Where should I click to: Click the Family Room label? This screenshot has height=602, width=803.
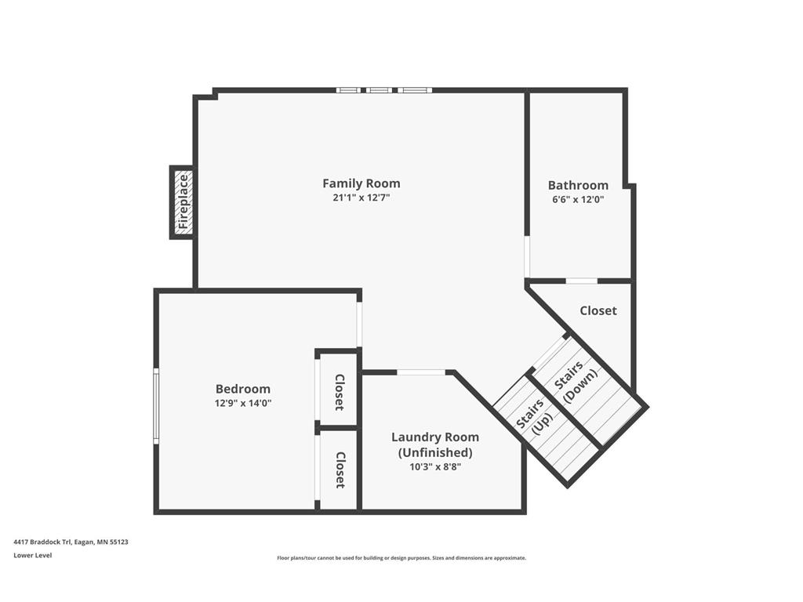pos(361,183)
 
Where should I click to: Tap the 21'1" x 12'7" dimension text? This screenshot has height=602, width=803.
pos(361,198)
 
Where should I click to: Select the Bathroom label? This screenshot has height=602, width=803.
pos(578,185)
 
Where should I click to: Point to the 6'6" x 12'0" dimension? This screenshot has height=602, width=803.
pos(578,200)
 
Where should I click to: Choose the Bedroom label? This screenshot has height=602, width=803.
pos(243,389)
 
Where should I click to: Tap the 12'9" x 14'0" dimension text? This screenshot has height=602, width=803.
pos(243,403)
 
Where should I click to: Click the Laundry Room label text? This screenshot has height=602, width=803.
pos(435,437)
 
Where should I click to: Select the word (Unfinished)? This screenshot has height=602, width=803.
pos(435,452)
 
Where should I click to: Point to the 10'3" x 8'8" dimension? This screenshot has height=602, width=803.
pos(435,467)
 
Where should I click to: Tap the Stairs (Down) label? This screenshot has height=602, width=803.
pos(576,382)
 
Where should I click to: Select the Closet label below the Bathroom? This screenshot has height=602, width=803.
pos(598,310)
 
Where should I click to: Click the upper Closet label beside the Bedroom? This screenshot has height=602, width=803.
pos(339,392)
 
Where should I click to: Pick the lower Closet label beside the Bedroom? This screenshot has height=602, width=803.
pos(340,470)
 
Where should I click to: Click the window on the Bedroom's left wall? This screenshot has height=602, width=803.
pos(156,406)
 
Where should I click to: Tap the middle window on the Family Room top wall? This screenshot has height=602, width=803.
pos(379,90)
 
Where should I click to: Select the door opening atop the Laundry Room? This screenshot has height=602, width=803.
pos(421,372)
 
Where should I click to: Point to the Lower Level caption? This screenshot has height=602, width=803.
pos(33,555)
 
